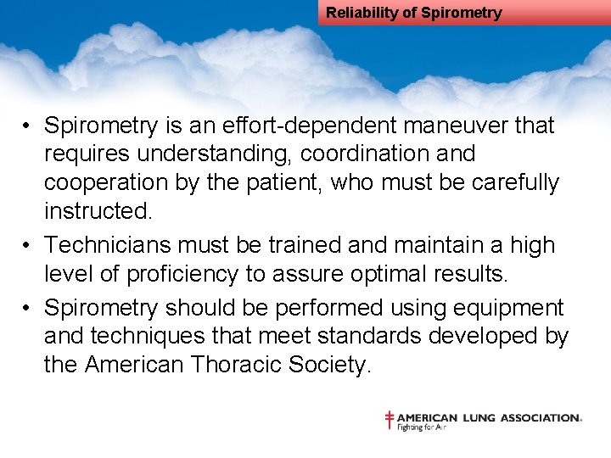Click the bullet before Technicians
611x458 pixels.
click(x=28, y=245)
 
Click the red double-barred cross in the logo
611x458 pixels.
click(x=390, y=419)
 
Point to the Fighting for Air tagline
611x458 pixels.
click(x=422, y=427)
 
